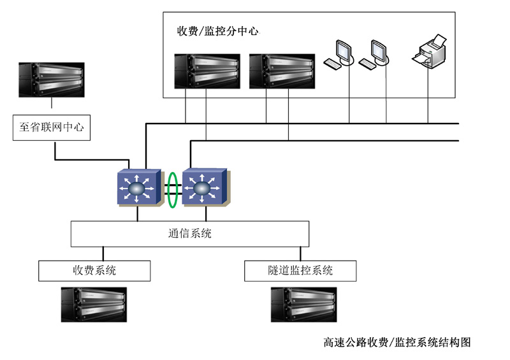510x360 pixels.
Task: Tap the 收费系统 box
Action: [x=94, y=270]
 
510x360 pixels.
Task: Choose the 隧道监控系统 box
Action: [x=300, y=270]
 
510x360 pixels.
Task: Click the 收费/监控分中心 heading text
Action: [x=217, y=31]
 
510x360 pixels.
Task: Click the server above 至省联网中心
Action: [x=52, y=80]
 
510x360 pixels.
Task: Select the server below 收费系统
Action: [x=94, y=304]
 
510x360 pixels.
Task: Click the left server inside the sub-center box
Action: [x=208, y=70]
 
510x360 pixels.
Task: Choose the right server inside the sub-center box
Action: [x=281, y=70]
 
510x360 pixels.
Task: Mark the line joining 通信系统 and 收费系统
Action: [x=102, y=253]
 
